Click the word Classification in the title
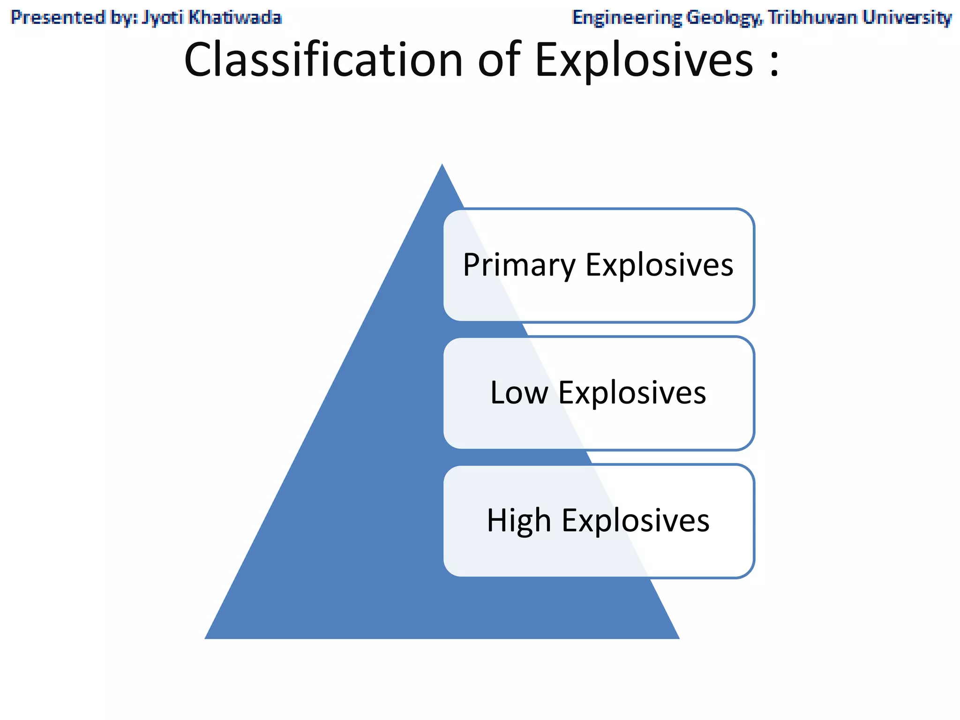click(323, 60)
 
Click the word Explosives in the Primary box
click(660, 265)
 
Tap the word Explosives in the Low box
click(632, 393)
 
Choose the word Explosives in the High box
click(636, 521)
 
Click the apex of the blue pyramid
click(442, 165)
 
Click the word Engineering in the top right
click(627, 17)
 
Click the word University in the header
click(907, 17)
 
